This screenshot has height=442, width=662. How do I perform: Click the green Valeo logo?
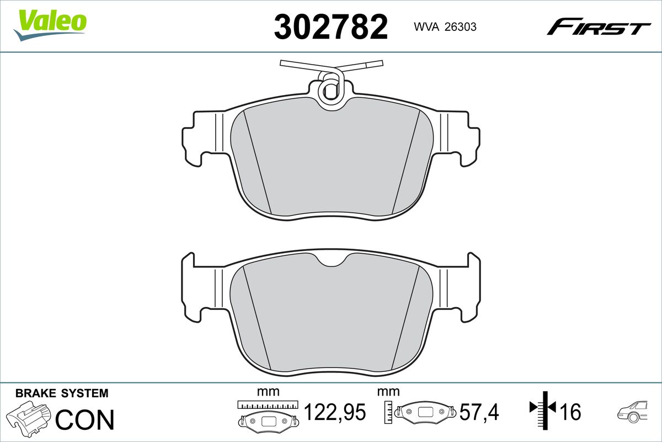[50, 25]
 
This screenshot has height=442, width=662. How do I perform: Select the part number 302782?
[330, 27]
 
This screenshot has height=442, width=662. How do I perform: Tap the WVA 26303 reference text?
[445, 27]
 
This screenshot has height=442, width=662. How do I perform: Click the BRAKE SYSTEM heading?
[62, 393]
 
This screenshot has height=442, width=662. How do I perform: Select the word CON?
[84, 419]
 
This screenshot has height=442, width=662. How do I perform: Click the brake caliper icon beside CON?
[29, 416]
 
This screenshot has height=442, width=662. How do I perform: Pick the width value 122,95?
[335, 412]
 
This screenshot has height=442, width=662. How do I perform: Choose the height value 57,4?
[479, 412]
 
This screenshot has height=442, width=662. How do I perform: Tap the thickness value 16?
[570, 412]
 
